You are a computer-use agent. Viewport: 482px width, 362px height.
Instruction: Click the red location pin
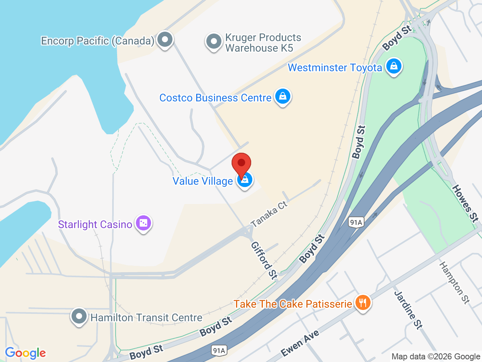(241, 165)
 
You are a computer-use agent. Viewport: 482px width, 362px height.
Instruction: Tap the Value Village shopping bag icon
(245, 180)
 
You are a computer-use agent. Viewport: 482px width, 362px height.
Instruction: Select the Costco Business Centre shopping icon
(283, 97)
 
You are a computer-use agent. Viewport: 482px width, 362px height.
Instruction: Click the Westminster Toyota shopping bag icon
(394, 66)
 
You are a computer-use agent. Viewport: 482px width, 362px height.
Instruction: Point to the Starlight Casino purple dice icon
(143, 223)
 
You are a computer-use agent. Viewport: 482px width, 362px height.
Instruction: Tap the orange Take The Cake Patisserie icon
(363, 303)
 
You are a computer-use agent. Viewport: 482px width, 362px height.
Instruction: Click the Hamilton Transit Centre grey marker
(79, 316)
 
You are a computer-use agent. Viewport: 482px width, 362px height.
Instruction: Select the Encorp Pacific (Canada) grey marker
(165, 39)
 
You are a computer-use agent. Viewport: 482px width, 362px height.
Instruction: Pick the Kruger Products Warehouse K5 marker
(214, 41)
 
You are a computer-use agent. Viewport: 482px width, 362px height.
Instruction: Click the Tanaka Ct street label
(269, 214)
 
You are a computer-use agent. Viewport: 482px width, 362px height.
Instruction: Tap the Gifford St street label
(264, 261)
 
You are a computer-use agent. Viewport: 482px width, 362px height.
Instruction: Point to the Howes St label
(465, 203)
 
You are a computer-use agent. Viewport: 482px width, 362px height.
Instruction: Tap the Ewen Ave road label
(300, 343)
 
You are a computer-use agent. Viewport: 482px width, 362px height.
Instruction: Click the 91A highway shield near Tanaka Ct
(356, 222)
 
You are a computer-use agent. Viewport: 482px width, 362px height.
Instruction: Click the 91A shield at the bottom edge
(219, 350)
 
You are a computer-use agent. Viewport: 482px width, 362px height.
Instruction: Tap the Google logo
(25, 353)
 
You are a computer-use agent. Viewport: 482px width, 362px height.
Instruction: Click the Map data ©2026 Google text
(436, 356)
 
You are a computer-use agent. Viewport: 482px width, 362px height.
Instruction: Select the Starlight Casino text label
(95, 224)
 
